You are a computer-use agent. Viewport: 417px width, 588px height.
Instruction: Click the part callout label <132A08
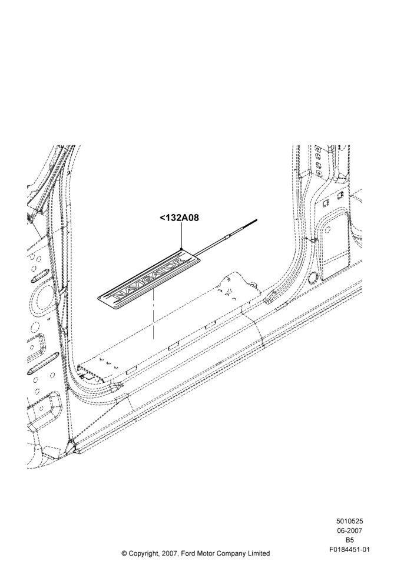tap(179, 218)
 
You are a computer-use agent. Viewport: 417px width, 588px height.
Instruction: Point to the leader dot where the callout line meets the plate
tap(181, 249)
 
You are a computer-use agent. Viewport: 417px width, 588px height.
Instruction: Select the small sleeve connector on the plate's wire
tap(228, 236)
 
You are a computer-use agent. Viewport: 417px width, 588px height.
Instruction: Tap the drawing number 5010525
tap(349, 521)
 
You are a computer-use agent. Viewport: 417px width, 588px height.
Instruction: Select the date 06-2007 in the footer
tap(349, 530)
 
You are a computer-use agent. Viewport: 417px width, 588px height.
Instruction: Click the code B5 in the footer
tap(349, 540)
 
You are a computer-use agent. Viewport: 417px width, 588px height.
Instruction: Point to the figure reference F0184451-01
tap(349, 550)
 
